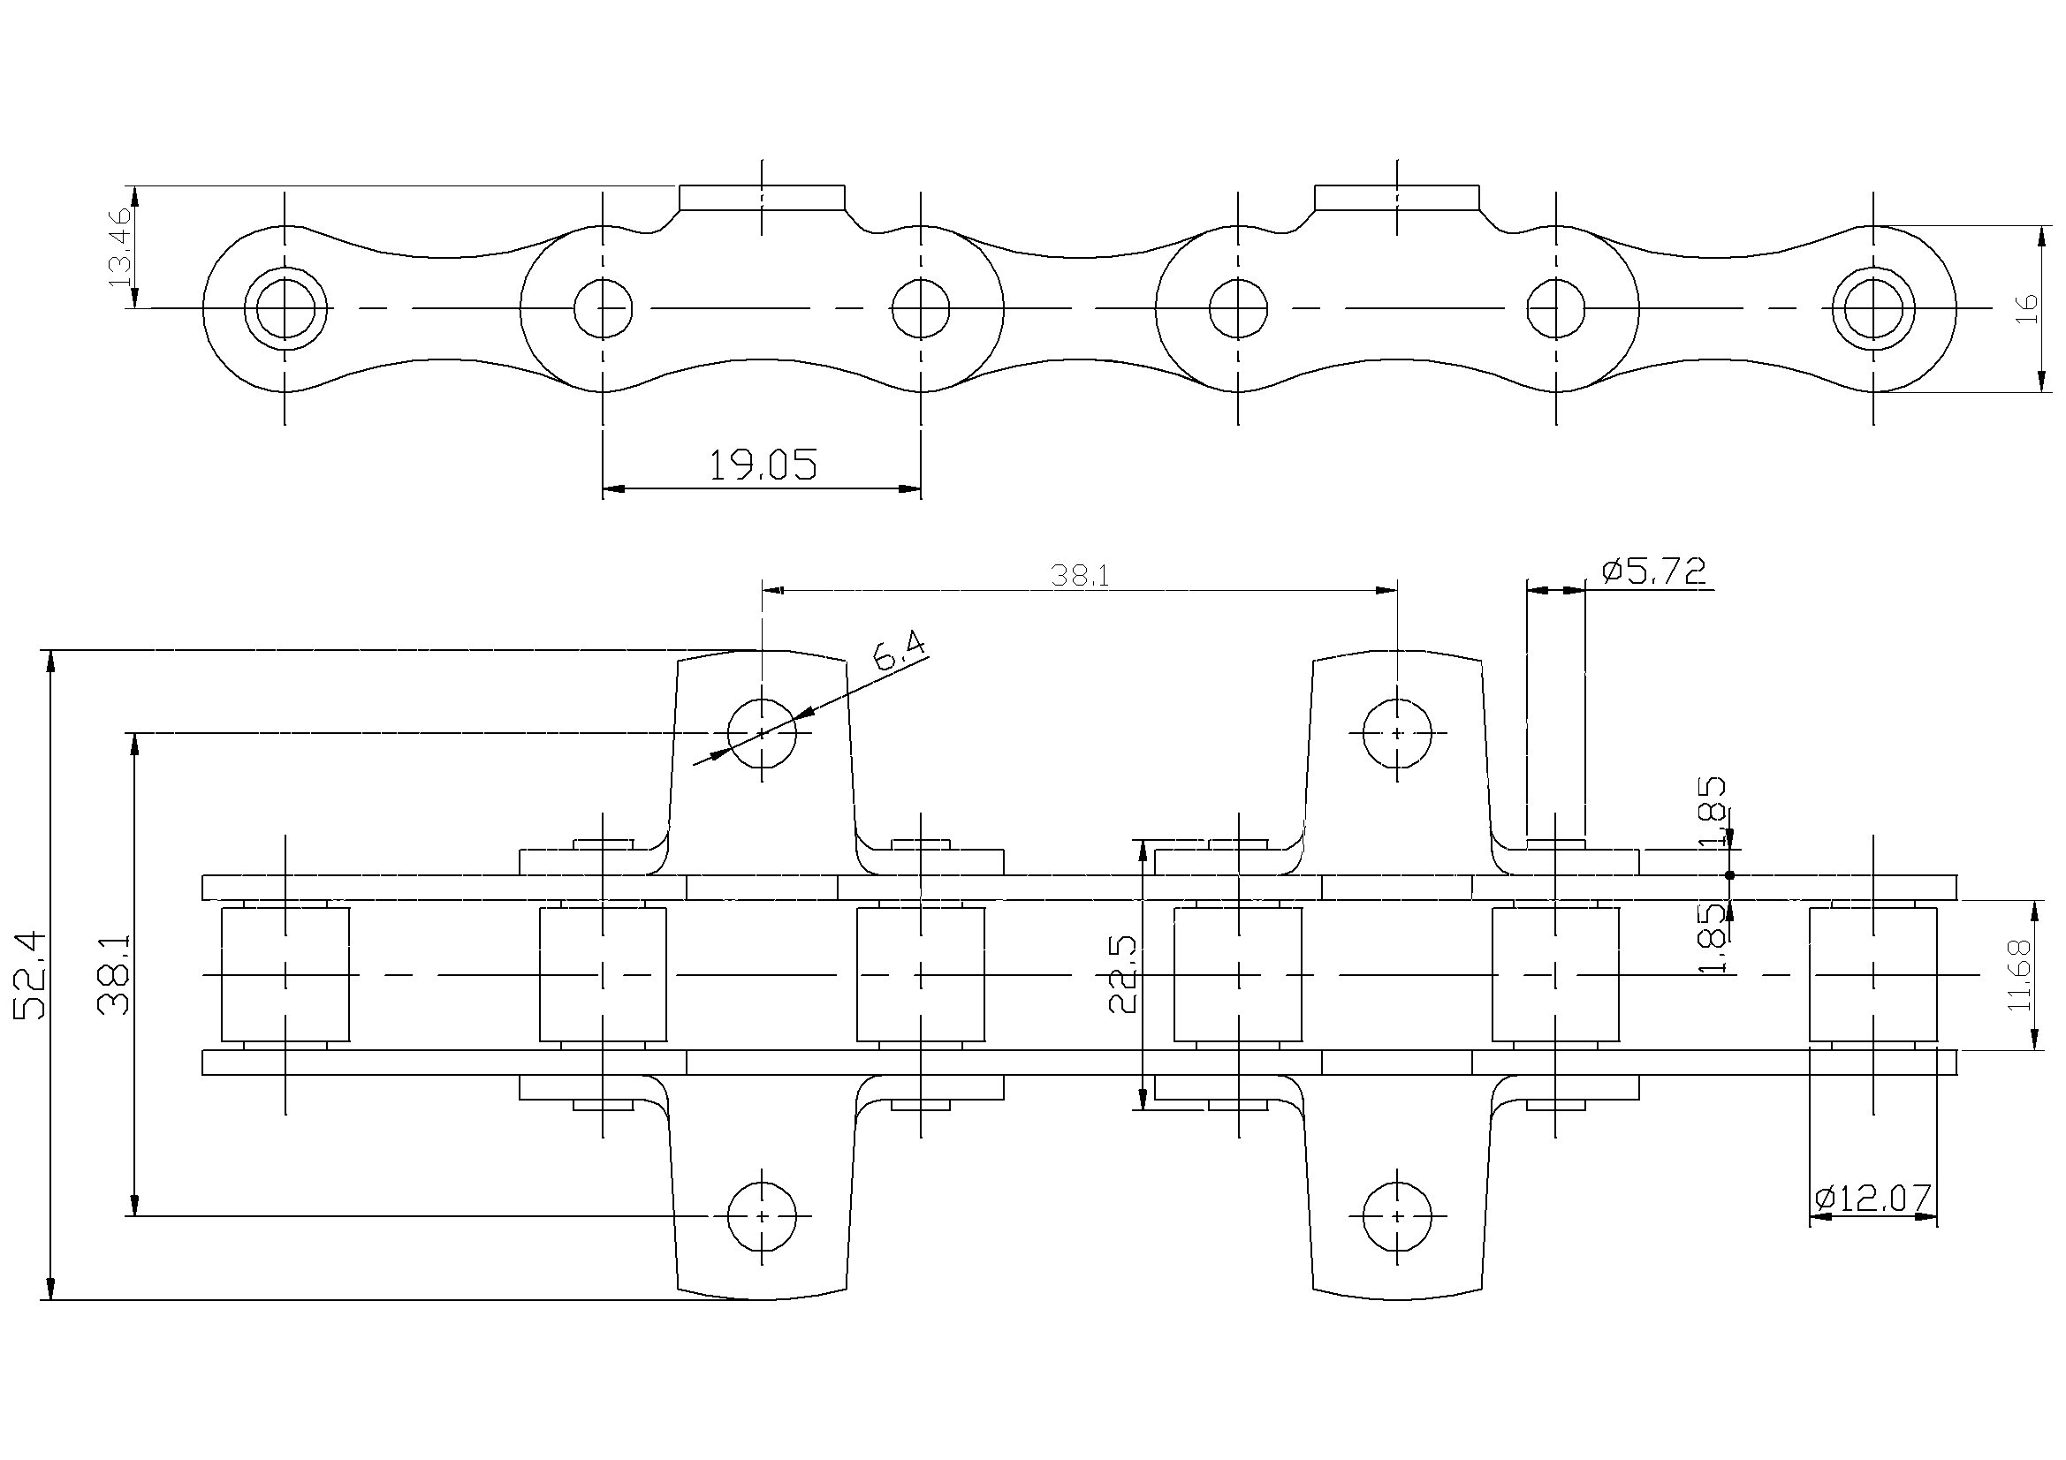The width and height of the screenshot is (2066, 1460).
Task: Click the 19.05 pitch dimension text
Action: click(x=763, y=466)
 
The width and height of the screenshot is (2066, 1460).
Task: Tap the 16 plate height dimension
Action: click(x=2027, y=308)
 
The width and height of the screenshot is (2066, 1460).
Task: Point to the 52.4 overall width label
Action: click(x=31, y=975)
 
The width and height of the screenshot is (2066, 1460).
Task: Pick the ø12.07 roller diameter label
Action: click(x=1873, y=1198)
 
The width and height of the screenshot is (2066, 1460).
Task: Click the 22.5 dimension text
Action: click(x=1124, y=974)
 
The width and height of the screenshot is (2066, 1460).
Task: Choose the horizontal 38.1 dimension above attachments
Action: click(x=1080, y=576)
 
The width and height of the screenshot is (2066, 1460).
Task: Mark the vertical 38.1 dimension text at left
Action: click(x=114, y=974)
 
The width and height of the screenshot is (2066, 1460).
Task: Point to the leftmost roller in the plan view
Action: click(x=285, y=975)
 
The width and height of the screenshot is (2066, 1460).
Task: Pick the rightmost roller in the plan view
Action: click(x=1873, y=975)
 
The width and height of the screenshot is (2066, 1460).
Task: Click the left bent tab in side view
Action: click(x=762, y=197)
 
